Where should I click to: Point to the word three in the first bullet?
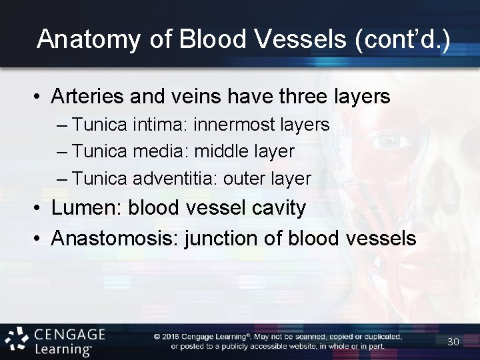pyautogui.click(x=300, y=97)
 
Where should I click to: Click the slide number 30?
pyautogui.click(x=453, y=342)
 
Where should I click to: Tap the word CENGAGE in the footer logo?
pyautogui.click(x=69, y=333)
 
